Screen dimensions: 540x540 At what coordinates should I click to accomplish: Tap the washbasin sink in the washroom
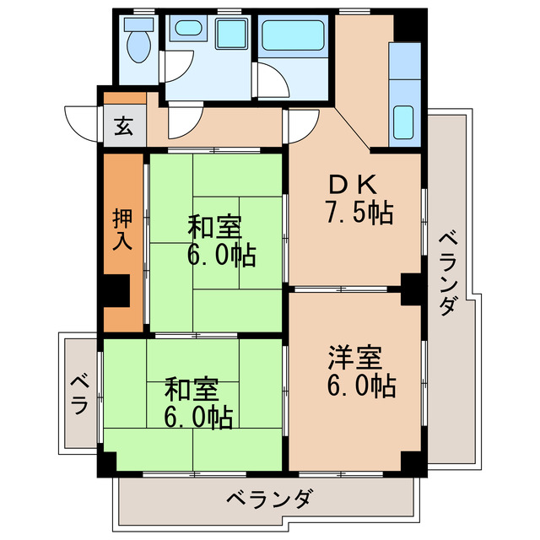185,32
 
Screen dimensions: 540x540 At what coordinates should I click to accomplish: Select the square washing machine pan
229,34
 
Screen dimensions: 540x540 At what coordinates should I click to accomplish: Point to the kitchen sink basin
406,123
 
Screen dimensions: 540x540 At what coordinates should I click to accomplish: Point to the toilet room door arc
179,66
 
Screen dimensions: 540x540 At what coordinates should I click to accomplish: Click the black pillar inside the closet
117,292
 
